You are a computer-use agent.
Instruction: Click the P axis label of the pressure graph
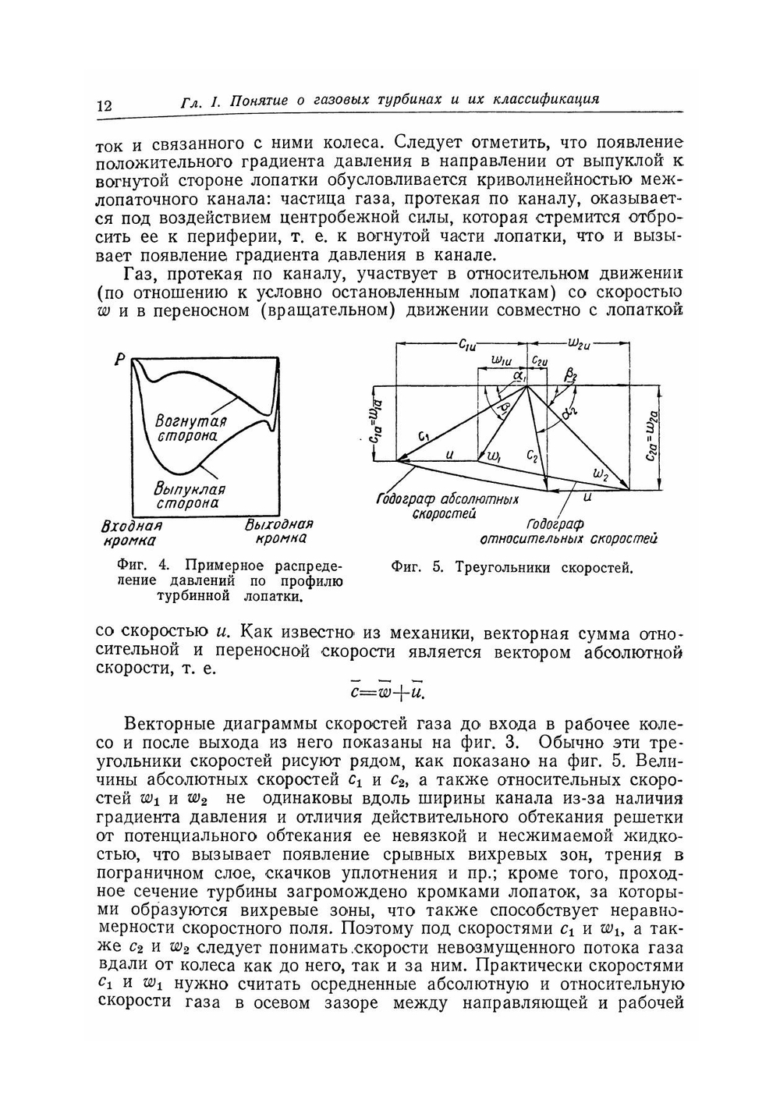point(120,360)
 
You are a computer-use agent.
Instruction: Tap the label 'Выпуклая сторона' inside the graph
point(190,496)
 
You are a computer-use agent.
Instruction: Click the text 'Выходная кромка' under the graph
point(278,531)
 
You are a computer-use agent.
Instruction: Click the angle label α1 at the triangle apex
point(521,376)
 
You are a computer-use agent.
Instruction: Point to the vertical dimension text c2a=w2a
point(652,436)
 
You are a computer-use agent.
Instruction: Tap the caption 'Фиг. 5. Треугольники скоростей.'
point(512,568)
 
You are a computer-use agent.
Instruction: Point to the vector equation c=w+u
point(388,691)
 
